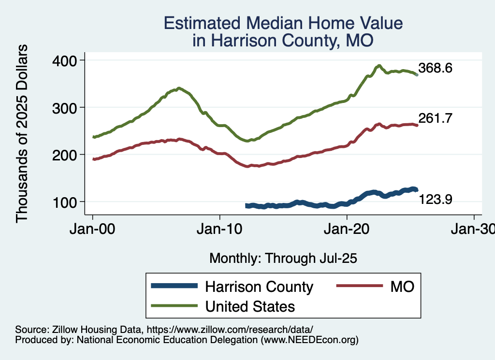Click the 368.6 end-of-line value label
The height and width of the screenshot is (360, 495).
coord(435,68)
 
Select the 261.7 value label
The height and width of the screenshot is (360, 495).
coord(435,118)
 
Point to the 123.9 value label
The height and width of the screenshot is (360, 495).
coord(435,199)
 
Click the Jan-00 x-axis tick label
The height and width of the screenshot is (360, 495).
coord(93,229)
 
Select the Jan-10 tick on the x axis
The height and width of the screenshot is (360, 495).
coord(220,229)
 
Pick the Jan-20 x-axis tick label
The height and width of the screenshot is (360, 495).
coord(347,229)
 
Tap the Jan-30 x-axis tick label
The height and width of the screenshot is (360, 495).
coord(473,229)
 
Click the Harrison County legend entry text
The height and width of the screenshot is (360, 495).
coord(259,287)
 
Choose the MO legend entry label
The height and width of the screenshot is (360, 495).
coord(403,287)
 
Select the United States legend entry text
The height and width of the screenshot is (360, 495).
coord(249,306)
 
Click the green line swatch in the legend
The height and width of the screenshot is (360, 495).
coord(174,306)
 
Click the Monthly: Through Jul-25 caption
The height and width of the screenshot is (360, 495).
coord(283,259)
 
